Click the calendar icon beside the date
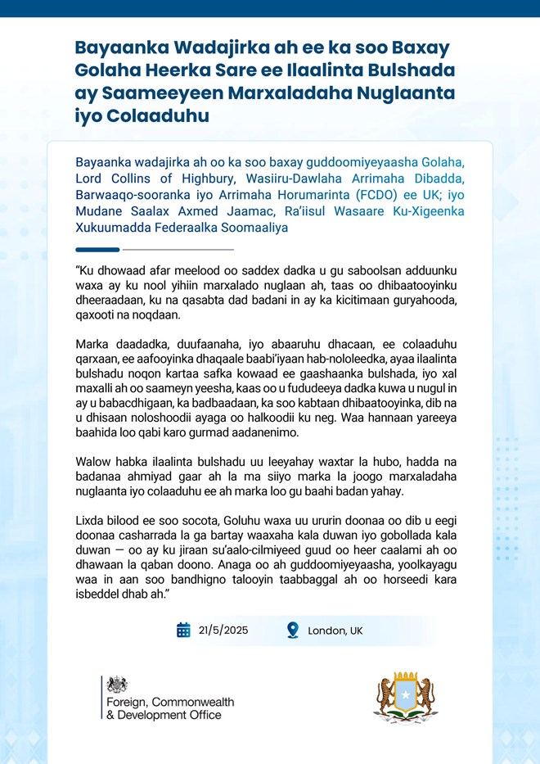point(184,630)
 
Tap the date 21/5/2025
point(223,631)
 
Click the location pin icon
point(292,630)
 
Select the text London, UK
point(335,631)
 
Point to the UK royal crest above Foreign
point(117,685)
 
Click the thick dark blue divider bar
point(97,249)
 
